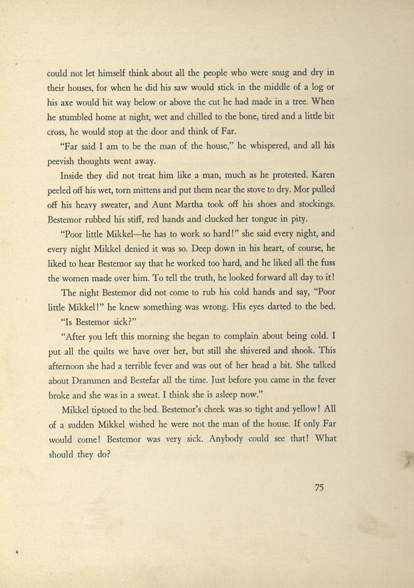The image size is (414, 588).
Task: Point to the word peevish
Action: coord(61,162)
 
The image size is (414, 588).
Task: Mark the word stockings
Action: coord(315,205)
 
